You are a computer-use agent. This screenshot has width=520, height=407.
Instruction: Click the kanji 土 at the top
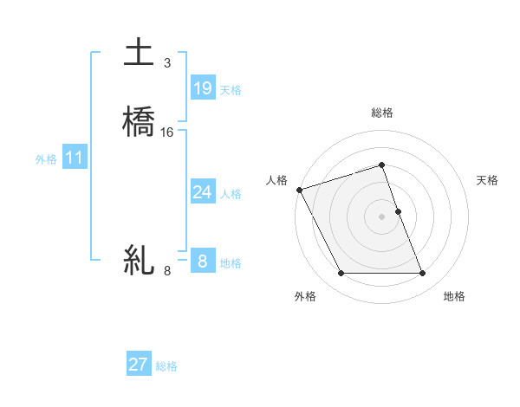click(x=139, y=53)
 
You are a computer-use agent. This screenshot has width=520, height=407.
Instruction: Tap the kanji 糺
click(x=139, y=259)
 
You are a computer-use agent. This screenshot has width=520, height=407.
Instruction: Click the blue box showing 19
click(x=203, y=87)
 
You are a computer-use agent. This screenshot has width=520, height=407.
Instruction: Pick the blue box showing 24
click(x=203, y=192)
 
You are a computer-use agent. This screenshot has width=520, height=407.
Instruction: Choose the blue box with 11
click(x=75, y=158)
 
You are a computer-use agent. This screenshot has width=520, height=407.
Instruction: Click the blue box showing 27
click(x=139, y=365)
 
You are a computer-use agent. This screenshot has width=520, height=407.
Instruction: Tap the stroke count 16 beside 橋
click(x=167, y=132)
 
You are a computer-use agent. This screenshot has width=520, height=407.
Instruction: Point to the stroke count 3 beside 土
click(x=167, y=63)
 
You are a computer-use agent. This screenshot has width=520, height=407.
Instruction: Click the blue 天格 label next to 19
click(x=231, y=90)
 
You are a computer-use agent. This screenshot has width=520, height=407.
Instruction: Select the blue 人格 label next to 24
click(x=231, y=194)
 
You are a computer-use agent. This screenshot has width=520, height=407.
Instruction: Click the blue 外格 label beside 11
click(x=46, y=159)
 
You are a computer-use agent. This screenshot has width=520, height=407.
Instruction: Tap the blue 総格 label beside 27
click(x=166, y=366)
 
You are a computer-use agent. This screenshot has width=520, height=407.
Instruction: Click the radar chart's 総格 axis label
click(x=381, y=113)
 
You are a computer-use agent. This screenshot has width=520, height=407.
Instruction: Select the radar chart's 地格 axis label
click(x=454, y=296)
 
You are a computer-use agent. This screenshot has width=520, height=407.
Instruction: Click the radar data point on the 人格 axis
click(x=299, y=190)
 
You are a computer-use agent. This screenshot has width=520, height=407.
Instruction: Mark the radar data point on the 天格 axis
click(x=398, y=211)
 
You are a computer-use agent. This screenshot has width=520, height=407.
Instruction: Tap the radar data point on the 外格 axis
click(x=341, y=274)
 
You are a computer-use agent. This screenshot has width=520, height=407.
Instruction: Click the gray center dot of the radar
click(x=381, y=216)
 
